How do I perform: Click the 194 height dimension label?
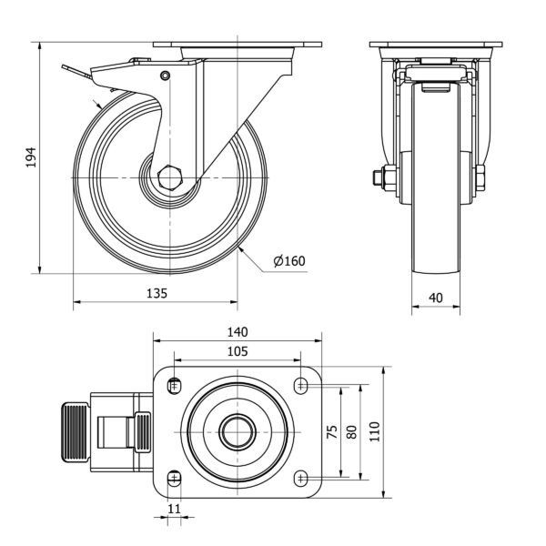pyautogui.click(x=31, y=157)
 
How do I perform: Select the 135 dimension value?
pyautogui.click(x=157, y=293)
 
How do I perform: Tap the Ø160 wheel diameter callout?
pyautogui.click(x=289, y=261)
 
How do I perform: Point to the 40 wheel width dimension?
pyautogui.click(x=436, y=298)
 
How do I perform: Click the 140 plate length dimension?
pyautogui.click(x=238, y=332)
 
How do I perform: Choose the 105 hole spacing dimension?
pyautogui.click(x=238, y=351)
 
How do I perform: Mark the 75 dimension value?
pyautogui.click(x=333, y=431)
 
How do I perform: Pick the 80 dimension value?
pyautogui.click(x=352, y=431)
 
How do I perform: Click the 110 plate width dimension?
pyautogui.click(x=374, y=431)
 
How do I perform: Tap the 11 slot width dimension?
pyautogui.click(x=174, y=509)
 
